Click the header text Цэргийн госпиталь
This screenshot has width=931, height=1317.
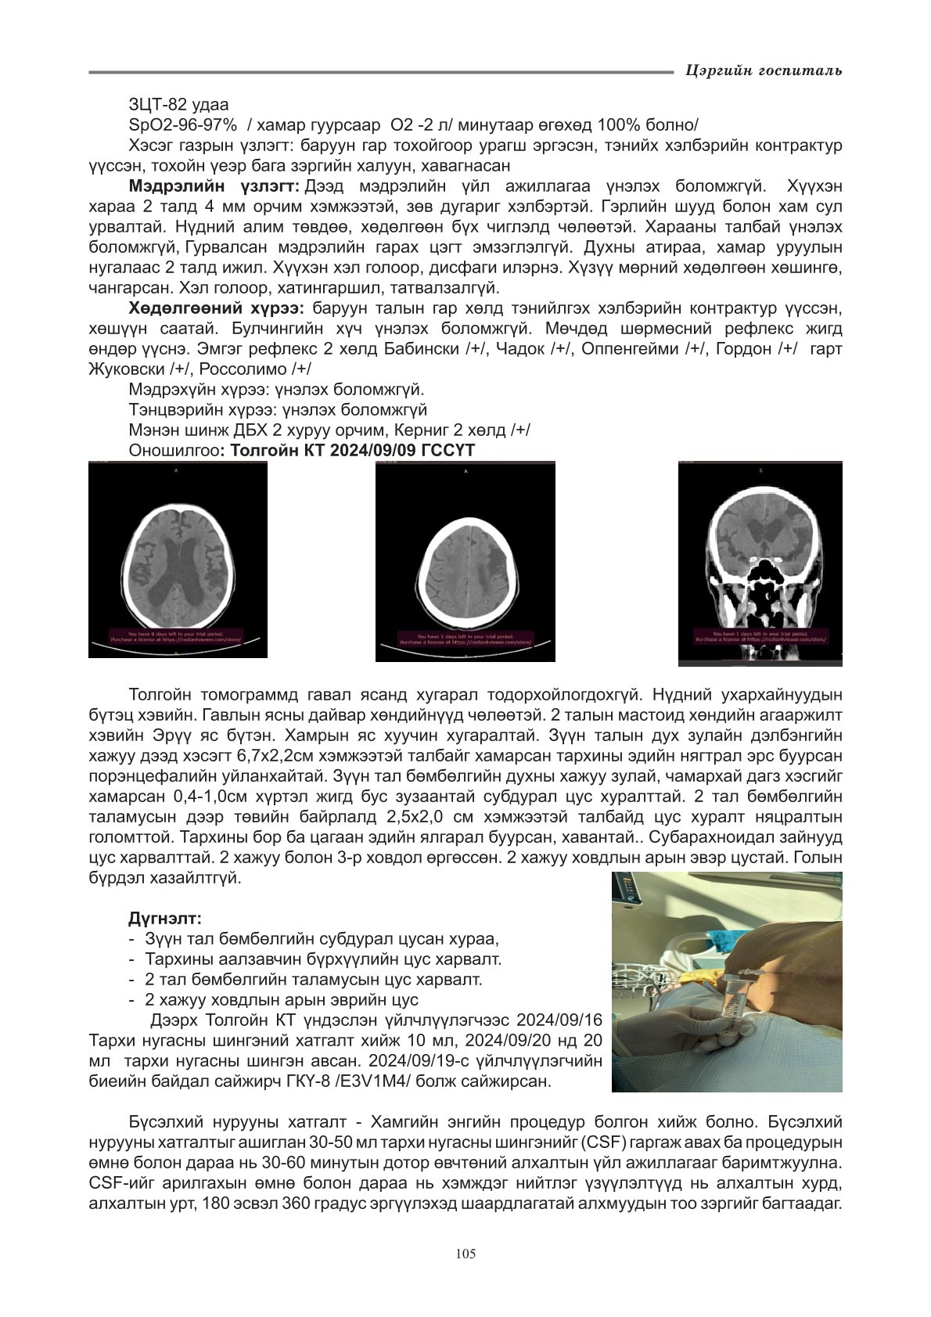pyautogui.click(x=763, y=71)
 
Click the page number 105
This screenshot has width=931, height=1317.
pyautogui.click(x=465, y=1254)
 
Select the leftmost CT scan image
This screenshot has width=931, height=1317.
pyautogui.click(x=178, y=560)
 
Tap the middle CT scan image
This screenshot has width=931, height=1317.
pyautogui.click(x=465, y=561)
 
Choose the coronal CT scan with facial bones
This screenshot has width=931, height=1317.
pyautogui.click(x=760, y=563)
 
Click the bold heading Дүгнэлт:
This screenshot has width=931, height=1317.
pyautogui.click(x=165, y=917)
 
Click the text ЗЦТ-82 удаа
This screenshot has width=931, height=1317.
pyautogui.click(x=178, y=104)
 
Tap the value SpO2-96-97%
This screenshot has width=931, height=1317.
pyautogui.click(x=183, y=125)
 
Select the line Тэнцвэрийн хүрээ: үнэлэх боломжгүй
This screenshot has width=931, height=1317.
pyautogui.click(x=278, y=410)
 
